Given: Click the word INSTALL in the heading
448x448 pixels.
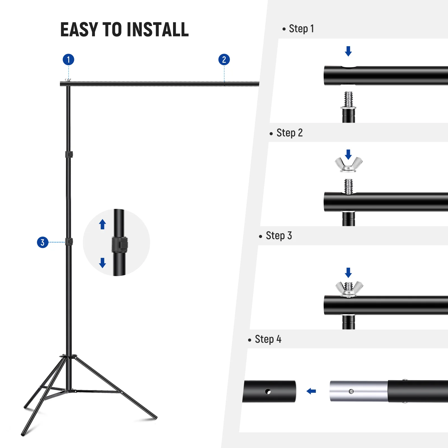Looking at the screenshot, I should tap(157, 29).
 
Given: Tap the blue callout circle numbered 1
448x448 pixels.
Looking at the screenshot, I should tap(68, 59).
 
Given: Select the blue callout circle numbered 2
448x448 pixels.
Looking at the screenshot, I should tap(224, 59).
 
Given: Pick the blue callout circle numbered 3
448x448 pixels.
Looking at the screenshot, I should tap(43, 242).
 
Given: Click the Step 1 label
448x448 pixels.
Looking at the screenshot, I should tap(301, 29).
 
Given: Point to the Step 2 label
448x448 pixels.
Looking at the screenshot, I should tap(289, 133).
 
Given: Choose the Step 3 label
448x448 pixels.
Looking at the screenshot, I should tap(279, 236).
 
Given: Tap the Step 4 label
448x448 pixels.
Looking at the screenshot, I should tap(268, 339).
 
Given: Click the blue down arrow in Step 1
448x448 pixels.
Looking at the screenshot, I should tap(348, 51).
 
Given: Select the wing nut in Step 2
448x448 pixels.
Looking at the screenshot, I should tap(349, 165).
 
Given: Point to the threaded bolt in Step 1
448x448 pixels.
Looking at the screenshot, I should tap(348, 99).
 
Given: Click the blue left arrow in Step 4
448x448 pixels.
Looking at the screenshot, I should tap(311, 391).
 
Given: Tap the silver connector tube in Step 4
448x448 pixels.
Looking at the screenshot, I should tap(358, 391).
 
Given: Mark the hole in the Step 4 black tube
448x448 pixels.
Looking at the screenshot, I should tap(268, 391).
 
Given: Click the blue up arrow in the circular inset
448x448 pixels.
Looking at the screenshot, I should tap(102, 224).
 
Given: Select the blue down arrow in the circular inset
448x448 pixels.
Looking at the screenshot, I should tap(102, 263).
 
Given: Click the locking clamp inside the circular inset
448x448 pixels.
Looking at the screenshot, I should tap(120, 244).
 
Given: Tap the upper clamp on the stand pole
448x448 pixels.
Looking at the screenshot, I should tap(69, 154).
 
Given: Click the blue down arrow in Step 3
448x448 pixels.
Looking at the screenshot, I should tap(348, 272).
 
